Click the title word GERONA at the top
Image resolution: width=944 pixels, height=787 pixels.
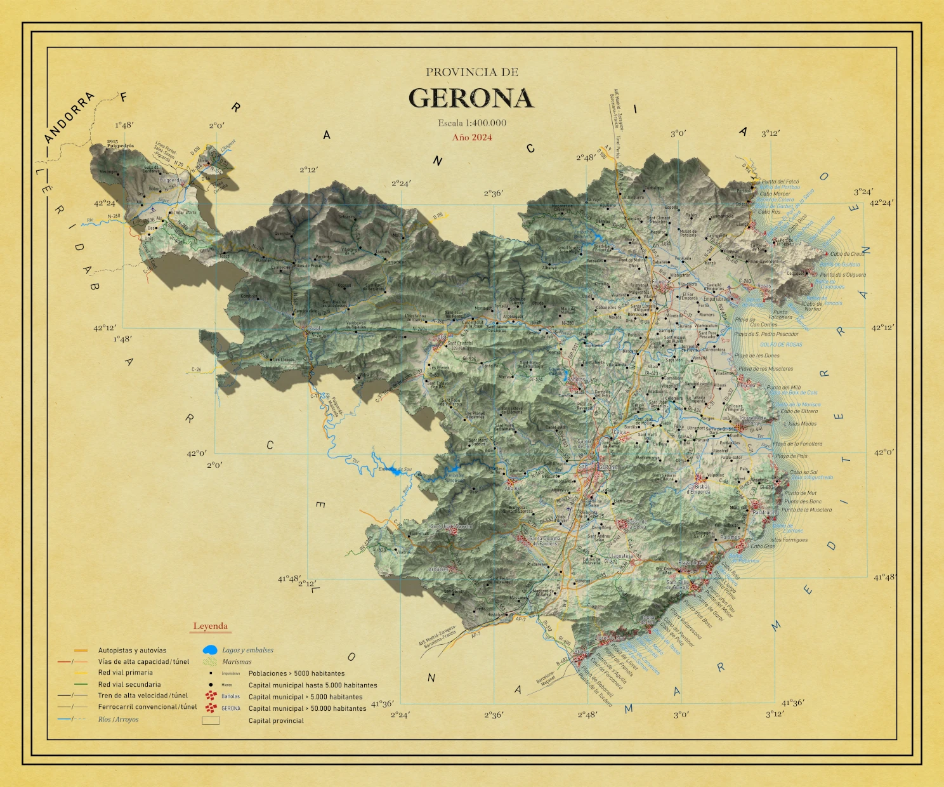471,98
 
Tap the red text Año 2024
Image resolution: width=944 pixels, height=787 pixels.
472,137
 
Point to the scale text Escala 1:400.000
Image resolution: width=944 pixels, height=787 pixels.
472,123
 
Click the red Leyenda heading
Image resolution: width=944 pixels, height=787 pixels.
210,626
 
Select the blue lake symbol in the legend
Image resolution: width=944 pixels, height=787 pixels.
210,651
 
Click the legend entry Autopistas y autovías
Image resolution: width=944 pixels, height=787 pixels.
132,651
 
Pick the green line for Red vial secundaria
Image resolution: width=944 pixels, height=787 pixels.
81,684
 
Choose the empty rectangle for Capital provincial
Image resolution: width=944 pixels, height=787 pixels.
210,720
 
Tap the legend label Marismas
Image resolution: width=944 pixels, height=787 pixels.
237,662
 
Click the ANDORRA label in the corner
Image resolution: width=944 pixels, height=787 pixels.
70,117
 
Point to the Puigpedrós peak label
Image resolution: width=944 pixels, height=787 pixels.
120,146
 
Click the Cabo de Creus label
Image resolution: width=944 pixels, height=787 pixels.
847,254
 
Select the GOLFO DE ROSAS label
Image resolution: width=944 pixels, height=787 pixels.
781,345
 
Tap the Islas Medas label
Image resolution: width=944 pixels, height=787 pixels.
802,424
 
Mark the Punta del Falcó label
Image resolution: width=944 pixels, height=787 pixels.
780,182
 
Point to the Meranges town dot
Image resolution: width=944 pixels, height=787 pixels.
119,172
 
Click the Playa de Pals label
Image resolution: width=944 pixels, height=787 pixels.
791,456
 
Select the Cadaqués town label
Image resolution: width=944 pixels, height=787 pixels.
796,274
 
